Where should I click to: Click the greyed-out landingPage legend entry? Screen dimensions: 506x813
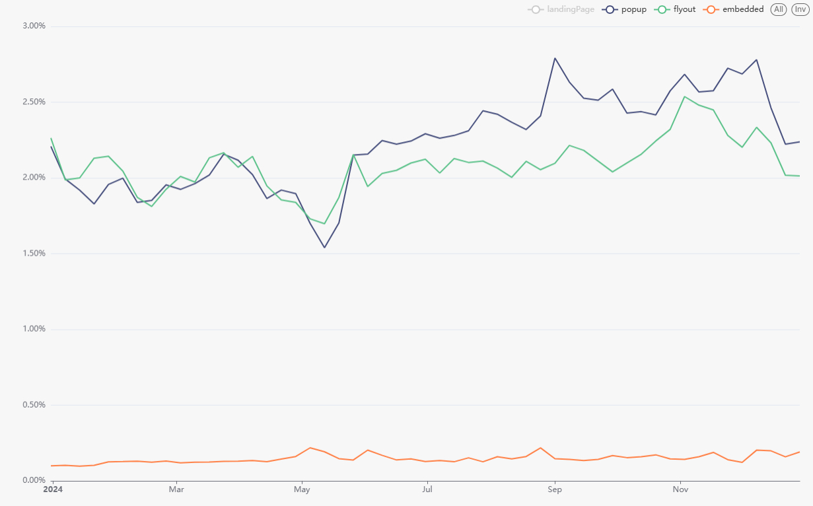coord(561,9)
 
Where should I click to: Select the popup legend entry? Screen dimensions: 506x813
coord(625,9)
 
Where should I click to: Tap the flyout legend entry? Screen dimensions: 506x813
coord(676,9)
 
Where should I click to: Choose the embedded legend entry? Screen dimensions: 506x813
coord(734,9)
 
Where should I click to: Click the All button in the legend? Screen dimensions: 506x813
coord(779,9)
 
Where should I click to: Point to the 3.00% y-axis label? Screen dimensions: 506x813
coord(34,26)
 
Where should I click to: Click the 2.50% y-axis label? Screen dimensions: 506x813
coord(34,102)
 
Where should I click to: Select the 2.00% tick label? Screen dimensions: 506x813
coord(34,178)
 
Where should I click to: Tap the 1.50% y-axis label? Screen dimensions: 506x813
coord(34,253)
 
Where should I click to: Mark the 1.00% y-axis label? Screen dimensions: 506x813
coord(34,329)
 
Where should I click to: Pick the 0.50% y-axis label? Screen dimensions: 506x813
coord(34,405)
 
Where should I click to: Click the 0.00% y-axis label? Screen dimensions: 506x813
coord(34,480)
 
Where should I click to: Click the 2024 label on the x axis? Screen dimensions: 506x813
coord(53,489)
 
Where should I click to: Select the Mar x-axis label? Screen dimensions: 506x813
coord(176,489)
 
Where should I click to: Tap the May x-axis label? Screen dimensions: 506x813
coord(302,489)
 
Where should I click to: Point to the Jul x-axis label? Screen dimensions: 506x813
coord(427,489)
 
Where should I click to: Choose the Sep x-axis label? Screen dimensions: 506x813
coord(555,489)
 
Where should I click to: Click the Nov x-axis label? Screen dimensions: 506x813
coord(680,489)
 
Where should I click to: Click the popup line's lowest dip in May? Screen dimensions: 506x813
coord(324,248)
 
